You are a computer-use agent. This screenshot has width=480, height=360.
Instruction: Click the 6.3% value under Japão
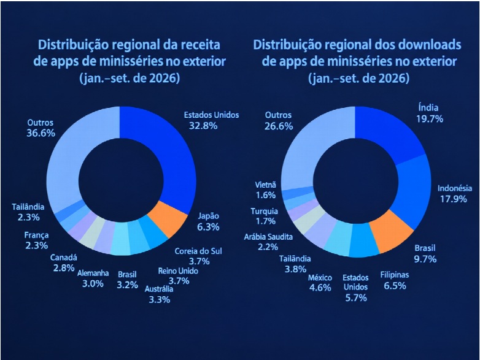click(208, 227)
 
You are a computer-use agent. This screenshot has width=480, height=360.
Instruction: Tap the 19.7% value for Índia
click(430, 119)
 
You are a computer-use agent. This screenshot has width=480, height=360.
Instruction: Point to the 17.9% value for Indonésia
click(454, 199)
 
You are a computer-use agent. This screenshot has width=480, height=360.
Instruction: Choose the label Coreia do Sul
click(198, 251)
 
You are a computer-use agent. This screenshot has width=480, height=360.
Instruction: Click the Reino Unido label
click(178, 271)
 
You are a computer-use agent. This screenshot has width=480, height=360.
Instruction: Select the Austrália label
click(159, 289)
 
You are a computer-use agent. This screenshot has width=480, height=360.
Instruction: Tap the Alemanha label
click(93, 273)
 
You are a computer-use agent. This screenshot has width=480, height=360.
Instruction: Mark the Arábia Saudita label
click(268, 237)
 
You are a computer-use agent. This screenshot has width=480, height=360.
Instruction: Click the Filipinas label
click(395, 275)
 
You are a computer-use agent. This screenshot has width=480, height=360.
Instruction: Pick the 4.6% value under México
click(320, 288)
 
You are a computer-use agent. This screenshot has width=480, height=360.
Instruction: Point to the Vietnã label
click(265, 185)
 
